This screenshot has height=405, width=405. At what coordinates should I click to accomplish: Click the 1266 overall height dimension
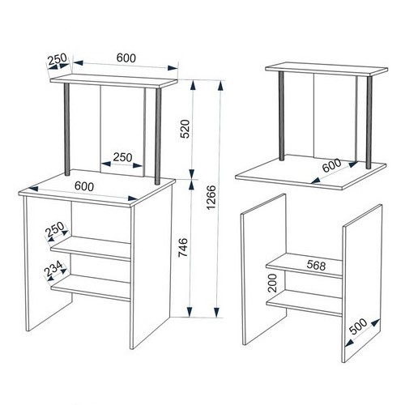click(x=211, y=198)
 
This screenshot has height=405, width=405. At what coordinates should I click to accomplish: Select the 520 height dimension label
click(x=185, y=129)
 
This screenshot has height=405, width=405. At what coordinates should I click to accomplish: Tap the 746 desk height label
click(x=183, y=247)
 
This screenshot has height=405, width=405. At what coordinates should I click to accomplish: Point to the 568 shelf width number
click(x=316, y=266)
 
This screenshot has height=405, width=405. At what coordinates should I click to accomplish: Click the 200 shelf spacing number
click(x=273, y=283)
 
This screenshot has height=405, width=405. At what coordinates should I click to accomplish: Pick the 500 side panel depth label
click(x=358, y=326)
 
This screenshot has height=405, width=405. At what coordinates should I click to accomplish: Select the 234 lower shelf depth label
click(x=54, y=269)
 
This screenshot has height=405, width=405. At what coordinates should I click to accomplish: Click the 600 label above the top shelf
click(x=126, y=58)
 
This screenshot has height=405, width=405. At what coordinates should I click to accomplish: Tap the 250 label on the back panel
click(x=122, y=157)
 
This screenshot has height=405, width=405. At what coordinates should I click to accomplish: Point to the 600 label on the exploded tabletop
click(x=332, y=165)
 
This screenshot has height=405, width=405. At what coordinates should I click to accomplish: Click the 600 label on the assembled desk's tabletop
click(x=84, y=186)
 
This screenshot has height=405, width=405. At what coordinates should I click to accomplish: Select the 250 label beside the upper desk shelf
click(x=55, y=229)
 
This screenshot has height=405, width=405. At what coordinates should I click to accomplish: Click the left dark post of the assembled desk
click(x=67, y=130)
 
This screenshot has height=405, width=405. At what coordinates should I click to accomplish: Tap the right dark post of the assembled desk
click(x=158, y=136)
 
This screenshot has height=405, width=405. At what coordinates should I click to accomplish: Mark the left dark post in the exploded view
click(x=281, y=116)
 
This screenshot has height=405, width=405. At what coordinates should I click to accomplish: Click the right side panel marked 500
click(x=362, y=283)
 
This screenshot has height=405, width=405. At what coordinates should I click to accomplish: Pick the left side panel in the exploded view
click(x=263, y=269)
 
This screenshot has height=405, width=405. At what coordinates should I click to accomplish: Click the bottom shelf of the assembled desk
click(x=91, y=288)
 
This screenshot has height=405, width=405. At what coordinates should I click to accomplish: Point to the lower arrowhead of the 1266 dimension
click(x=216, y=312)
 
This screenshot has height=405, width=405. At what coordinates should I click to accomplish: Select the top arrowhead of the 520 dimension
click(x=193, y=86)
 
